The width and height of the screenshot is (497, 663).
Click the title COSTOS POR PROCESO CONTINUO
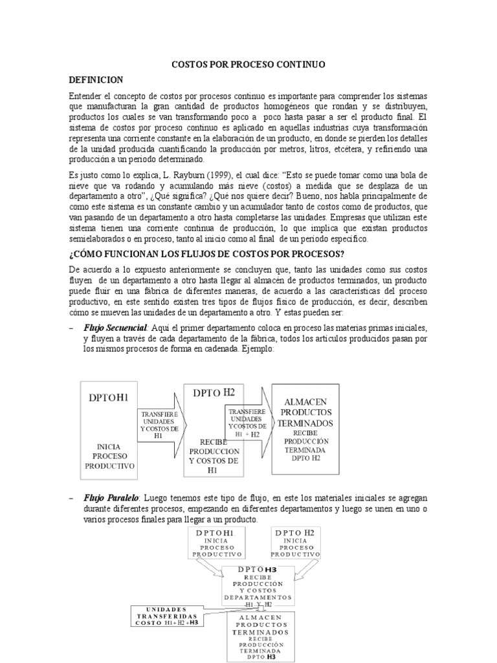pos(248,65)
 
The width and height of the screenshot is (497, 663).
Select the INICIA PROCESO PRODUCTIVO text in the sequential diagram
pos(107,456)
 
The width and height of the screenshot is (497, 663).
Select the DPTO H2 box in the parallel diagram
pos(295,542)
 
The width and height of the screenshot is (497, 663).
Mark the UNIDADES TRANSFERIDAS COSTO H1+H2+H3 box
pos(167,616)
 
